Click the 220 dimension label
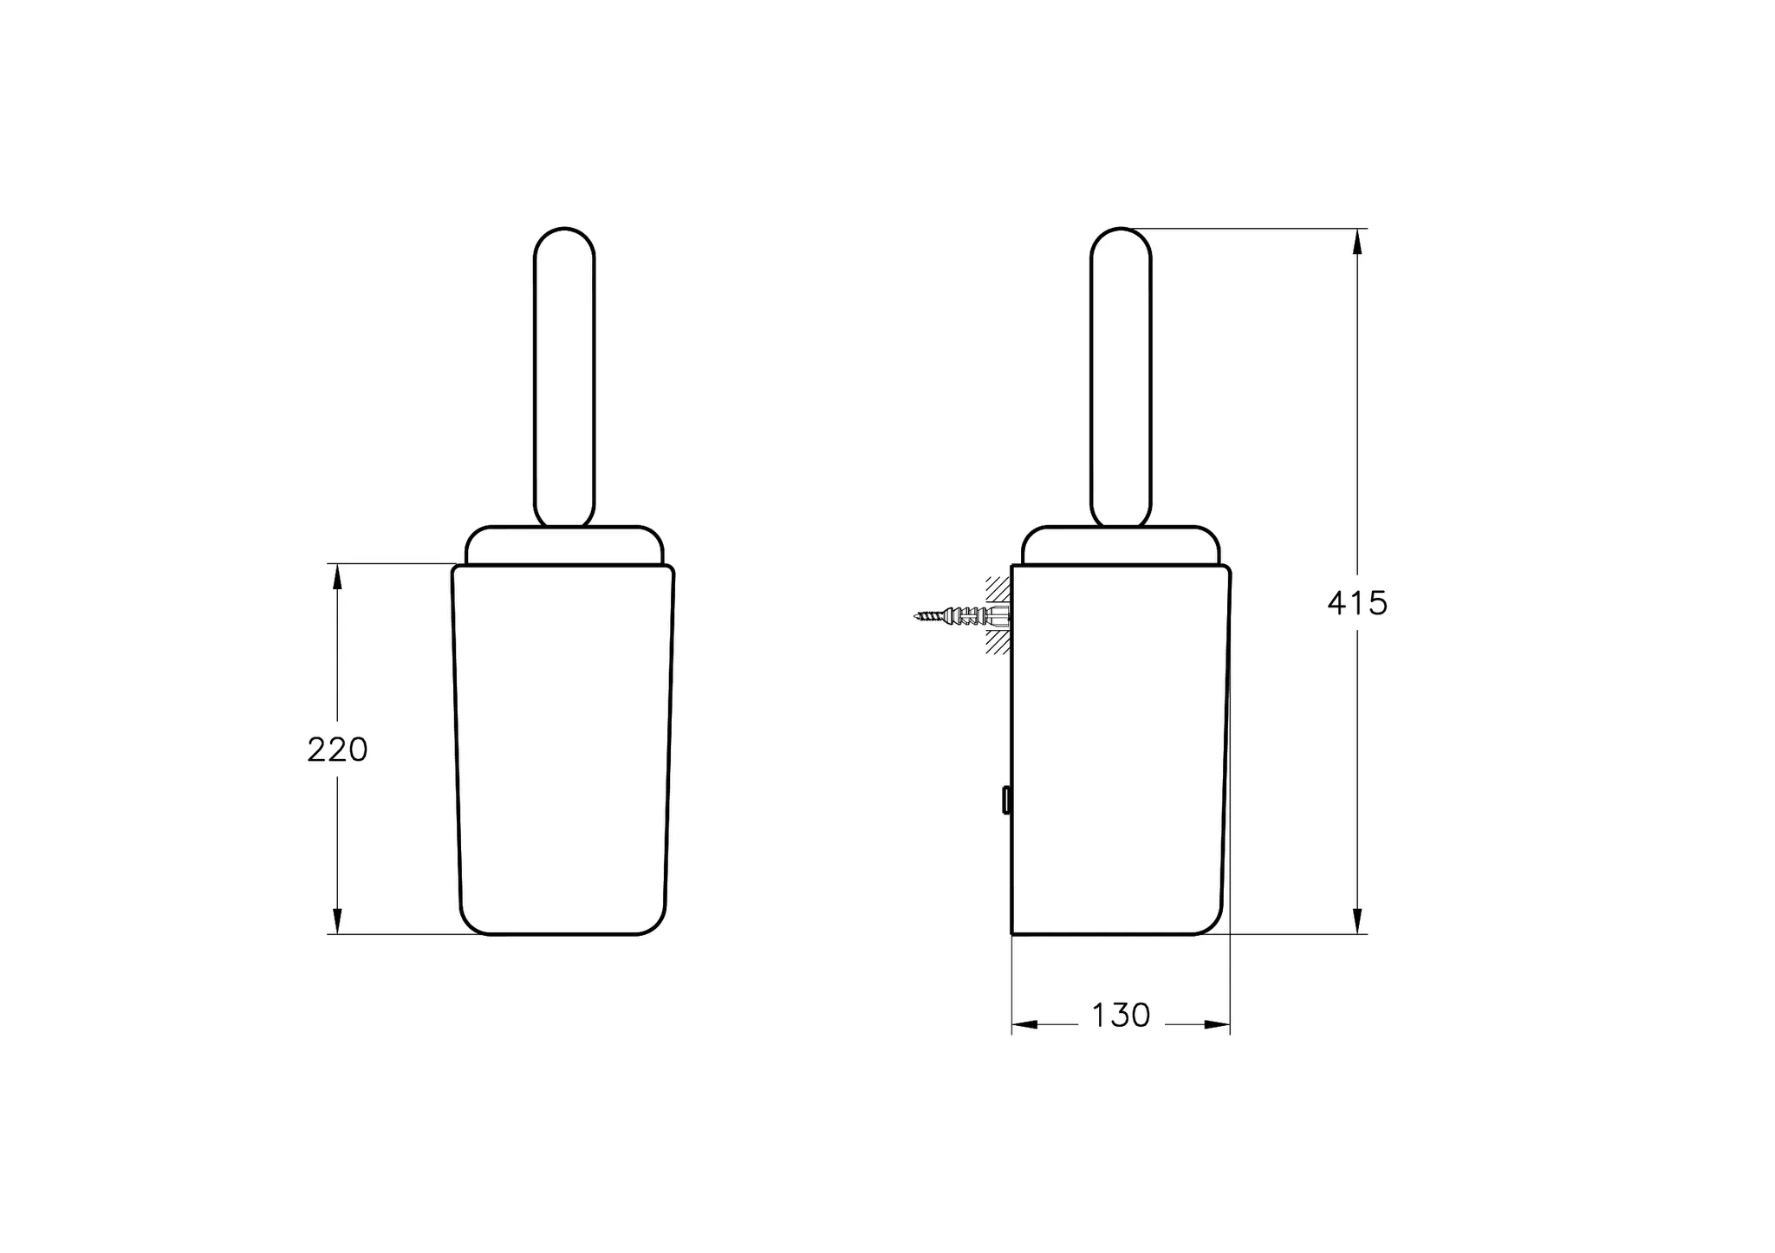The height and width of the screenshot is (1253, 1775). (337, 750)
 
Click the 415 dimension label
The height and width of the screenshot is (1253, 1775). (1357, 603)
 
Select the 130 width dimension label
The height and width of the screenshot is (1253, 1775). (1121, 1016)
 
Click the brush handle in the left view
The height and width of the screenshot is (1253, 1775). (564, 377)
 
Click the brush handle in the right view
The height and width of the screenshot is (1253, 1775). (1121, 377)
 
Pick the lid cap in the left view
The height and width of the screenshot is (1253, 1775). (564, 545)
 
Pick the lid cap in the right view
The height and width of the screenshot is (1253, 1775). (1121, 545)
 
